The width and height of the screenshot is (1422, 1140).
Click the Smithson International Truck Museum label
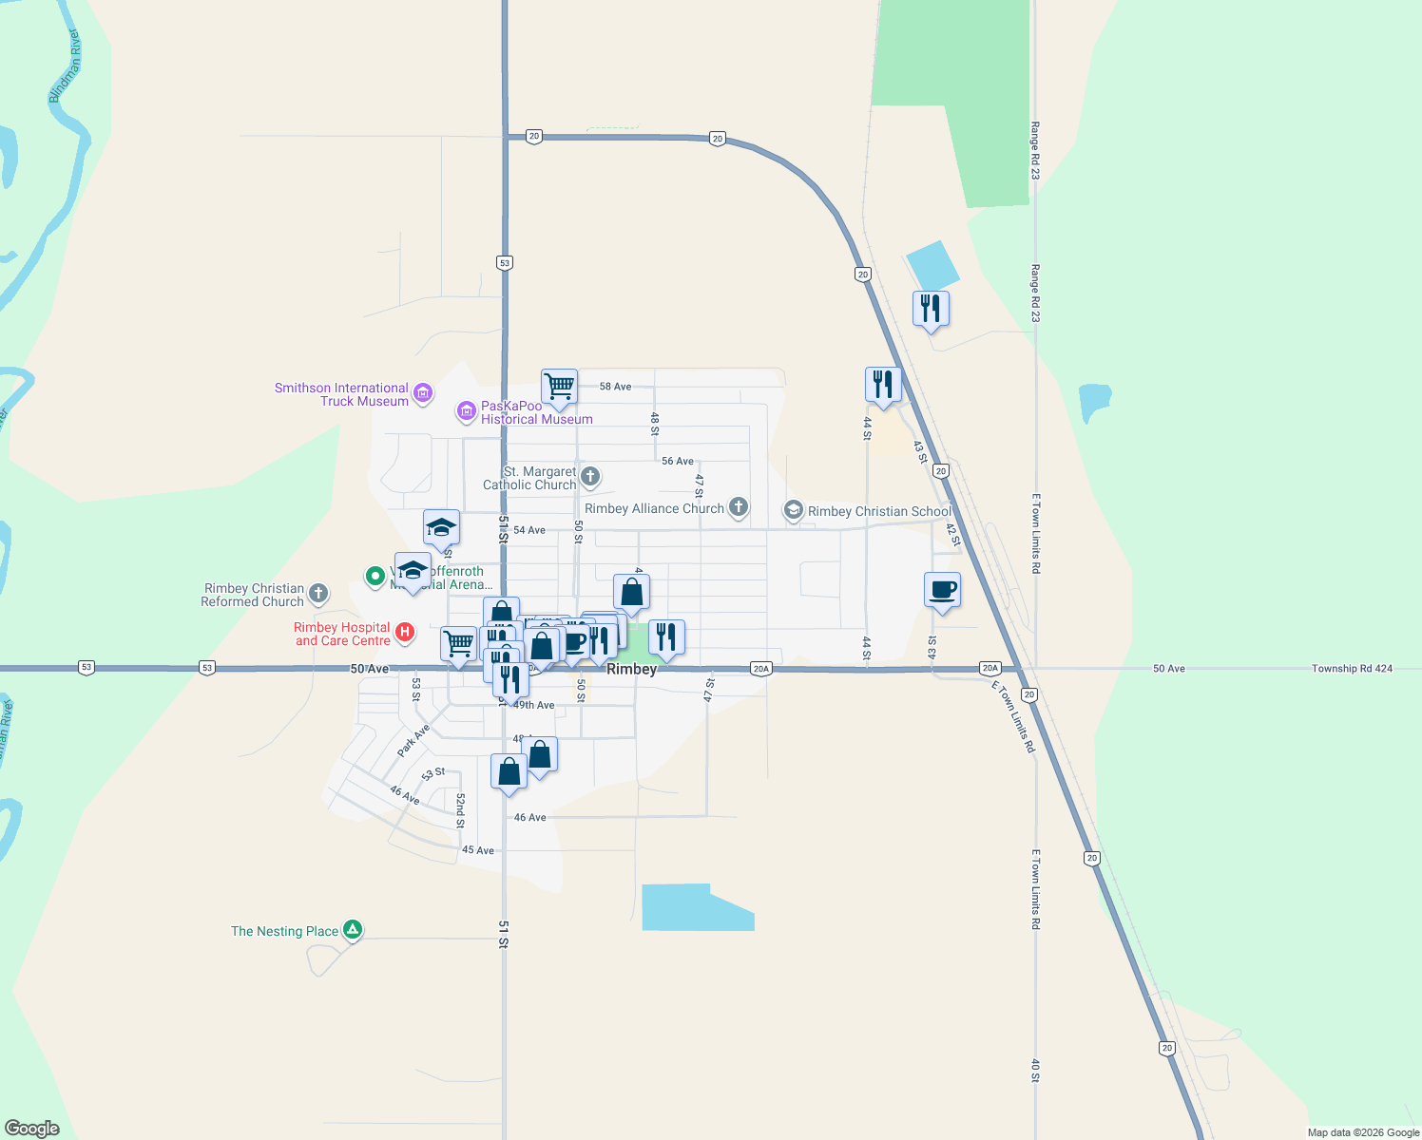(x=341, y=394)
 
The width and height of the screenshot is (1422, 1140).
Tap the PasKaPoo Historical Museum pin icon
(x=466, y=410)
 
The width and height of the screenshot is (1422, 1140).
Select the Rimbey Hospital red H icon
(x=405, y=633)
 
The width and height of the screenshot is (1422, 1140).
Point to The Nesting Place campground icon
(x=353, y=930)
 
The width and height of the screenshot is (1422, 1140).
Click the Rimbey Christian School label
(x=879, y=511)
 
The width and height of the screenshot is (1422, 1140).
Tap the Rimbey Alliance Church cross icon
(x=739, y=507)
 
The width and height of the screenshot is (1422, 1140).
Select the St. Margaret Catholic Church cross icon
(x=590, y=477)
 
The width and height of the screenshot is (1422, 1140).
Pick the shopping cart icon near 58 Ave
(x=559, y=387)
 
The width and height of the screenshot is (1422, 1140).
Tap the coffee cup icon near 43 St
(x=942, y=590)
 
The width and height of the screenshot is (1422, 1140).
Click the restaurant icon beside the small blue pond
(x=931, y=309)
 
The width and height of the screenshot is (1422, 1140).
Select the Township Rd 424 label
(x=1352, y=669)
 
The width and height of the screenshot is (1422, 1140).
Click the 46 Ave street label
(x=530, y=817)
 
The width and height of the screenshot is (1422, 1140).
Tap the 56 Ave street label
(x=678, y=461)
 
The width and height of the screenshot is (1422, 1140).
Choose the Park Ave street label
(x=413, y=740)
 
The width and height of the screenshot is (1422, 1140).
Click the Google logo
(x=32, y=1129)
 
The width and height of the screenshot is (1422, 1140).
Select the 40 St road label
(x=1035, y=1071)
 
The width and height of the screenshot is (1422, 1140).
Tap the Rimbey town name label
(x=631, y=669)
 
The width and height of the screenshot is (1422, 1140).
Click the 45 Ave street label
(x=478, y=850)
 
